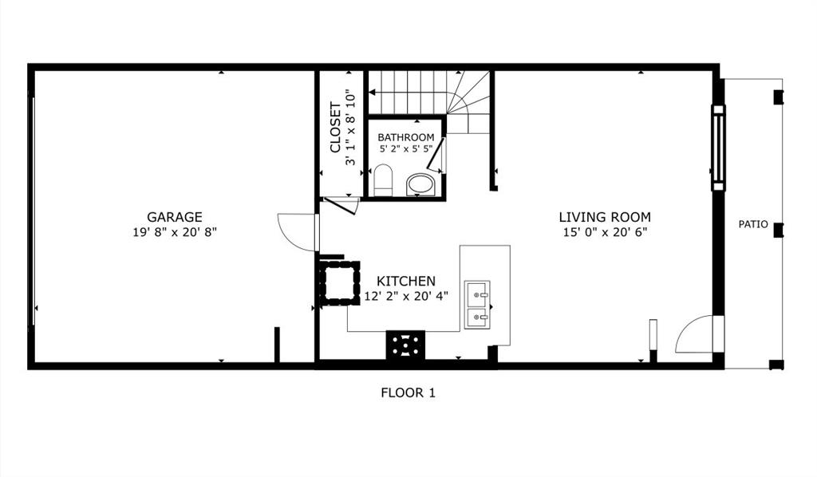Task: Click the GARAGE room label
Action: click(x=174, y=217)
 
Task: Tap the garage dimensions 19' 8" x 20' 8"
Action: click(x=174, y=232)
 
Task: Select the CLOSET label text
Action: click(x=335, y=128)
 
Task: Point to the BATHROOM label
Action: click(x=406, y=137)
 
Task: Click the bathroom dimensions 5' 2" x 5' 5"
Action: click(x=406, y=149)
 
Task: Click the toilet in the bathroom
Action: click(x=383, y=180)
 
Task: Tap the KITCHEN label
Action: click(x=406, y=281)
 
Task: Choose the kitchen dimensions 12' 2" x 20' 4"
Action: click(x=406, y=295)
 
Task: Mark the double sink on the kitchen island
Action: click(x=478, y=306)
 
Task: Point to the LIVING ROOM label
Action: click(x=604, y=217)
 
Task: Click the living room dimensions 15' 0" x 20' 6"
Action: click(x=604, y=232)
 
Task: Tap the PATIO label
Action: click(x=752, y=224)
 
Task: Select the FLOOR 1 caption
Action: click(x=408, y=392)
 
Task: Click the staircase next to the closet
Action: click(x=431, y=94)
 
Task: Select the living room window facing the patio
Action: click(x=718, y=148)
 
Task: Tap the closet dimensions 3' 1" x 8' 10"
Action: click(x=350, y=128)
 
